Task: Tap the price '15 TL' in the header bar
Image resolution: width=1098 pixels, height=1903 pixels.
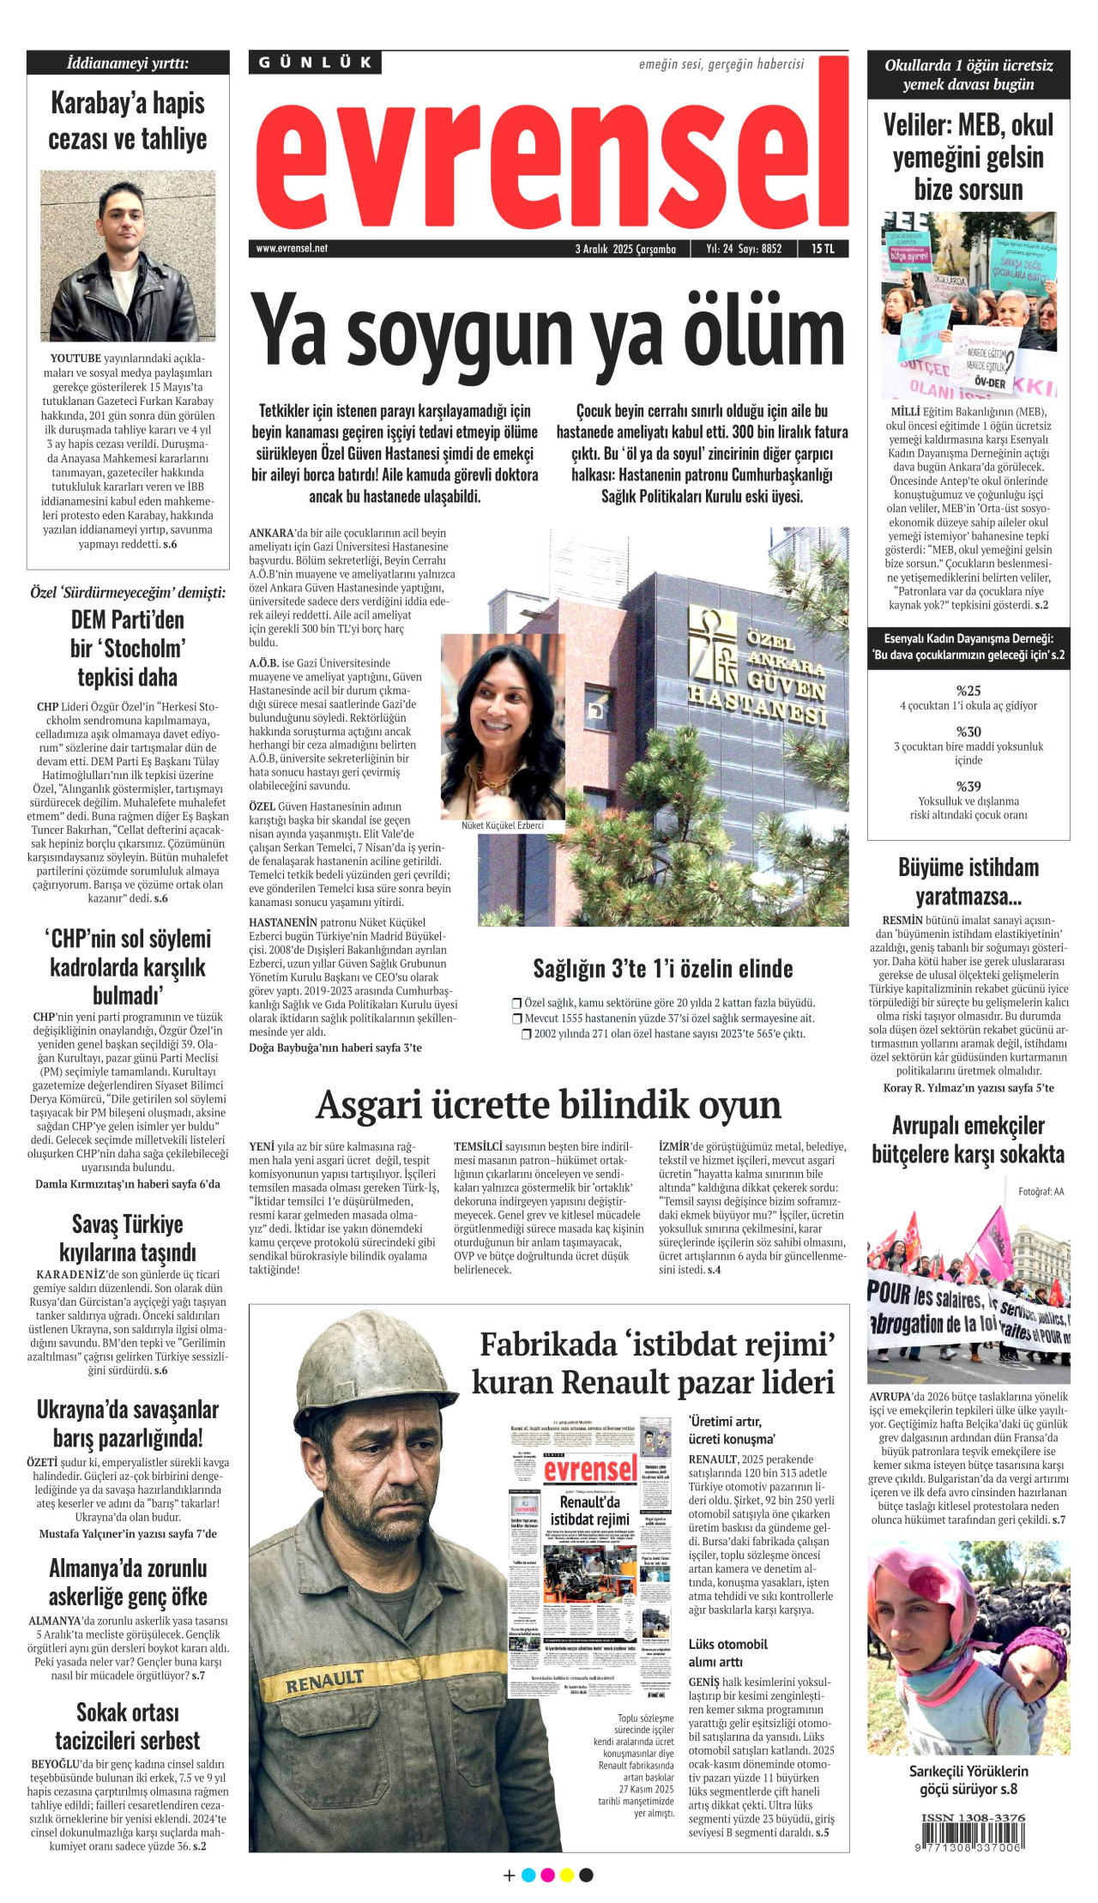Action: coord(822,249)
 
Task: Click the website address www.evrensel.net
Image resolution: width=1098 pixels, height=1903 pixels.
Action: coord(292,249)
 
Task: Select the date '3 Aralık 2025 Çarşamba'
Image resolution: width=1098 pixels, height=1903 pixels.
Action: coord(625,249)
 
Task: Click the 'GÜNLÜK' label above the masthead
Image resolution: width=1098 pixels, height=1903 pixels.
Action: coord(316,63)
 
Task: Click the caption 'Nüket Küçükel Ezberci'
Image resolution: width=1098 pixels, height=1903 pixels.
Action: coord(503,825)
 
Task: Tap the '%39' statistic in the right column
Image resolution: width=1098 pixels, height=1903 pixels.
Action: coord(968,786)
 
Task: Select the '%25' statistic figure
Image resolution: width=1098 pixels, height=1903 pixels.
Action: coord(968,691)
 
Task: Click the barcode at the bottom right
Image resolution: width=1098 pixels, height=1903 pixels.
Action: coord(972,1835)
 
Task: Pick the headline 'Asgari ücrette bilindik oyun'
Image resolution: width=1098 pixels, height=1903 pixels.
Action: coord(548,1105)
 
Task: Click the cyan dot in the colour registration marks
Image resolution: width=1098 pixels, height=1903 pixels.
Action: coord(528,1875)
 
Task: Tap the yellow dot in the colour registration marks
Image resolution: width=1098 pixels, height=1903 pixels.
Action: coord(567,1875)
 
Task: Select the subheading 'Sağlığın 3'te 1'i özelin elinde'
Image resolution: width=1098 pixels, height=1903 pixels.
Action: coord(662,969)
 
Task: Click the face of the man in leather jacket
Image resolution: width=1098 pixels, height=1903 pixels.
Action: coord(122,226)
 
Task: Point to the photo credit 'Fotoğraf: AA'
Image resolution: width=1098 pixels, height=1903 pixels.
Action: coord(1041,1191)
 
